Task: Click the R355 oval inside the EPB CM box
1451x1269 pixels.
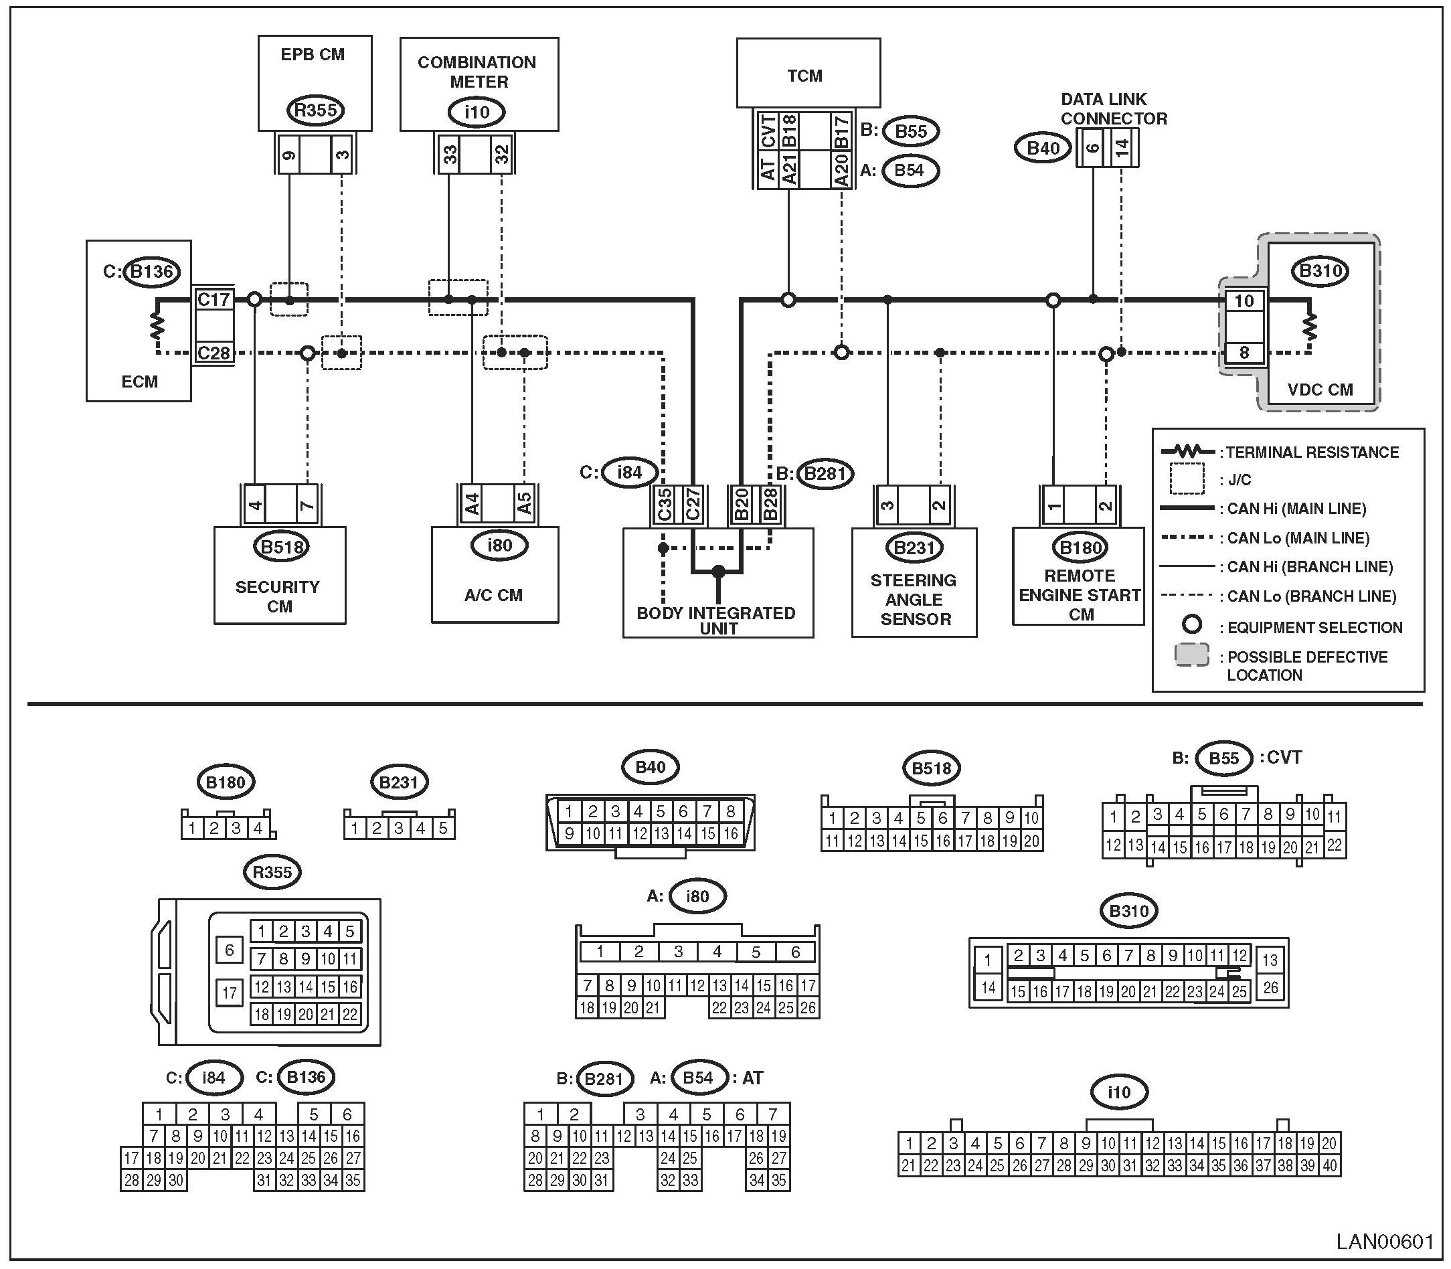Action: pos(315,110)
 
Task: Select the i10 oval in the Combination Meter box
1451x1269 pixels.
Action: pos(477,112)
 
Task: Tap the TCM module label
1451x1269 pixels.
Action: pos(805,76)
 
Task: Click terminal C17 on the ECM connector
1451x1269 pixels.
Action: pos(214,300)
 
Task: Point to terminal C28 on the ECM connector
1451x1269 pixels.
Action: pos(214,353)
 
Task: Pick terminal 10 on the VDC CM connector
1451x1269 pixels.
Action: pos(1244,301)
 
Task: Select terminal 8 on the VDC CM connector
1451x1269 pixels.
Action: pos(1244,353)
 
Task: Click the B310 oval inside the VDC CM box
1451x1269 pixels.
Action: pos(1320,271)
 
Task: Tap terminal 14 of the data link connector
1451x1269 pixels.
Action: pos(1122,148)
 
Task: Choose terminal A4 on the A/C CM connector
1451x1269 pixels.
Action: pos(473,503)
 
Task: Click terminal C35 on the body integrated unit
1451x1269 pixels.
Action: pos(664,504)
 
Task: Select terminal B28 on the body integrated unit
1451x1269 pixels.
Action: pos(770,504)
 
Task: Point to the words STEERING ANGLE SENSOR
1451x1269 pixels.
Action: pos(914,600)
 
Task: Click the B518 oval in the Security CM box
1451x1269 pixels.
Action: pos(282,547)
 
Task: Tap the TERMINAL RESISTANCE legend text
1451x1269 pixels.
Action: pos(1312,452)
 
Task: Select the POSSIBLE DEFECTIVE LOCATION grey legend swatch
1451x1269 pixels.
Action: pos(1192,655)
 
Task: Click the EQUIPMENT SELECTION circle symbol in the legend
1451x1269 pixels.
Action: pos(1193,624)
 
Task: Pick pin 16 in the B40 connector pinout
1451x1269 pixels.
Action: pos(730,833)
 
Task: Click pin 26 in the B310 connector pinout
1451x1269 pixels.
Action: pos(1270,987)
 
